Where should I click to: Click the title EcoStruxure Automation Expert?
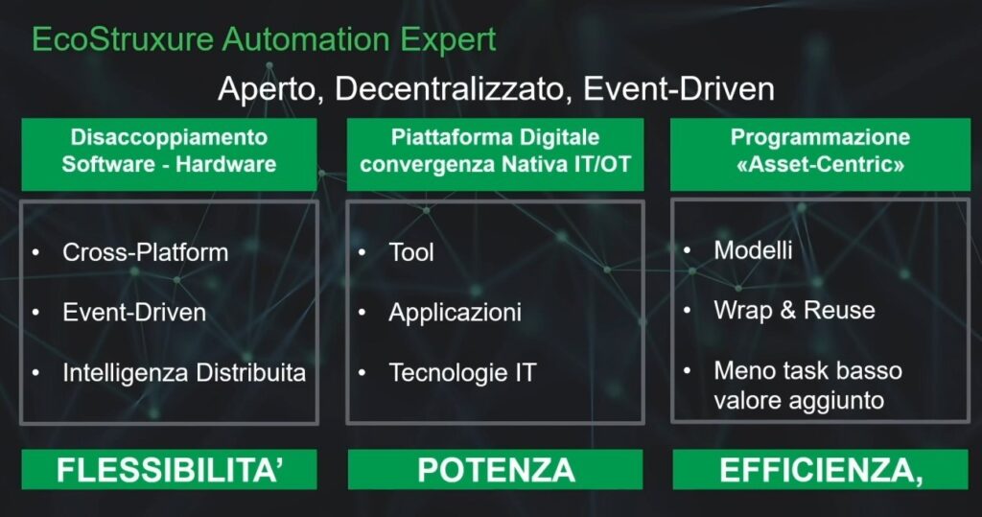[x=264, y=40]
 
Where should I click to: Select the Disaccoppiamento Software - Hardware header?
[x=169, y=154]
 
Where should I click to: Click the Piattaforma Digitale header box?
[x=496, y=154]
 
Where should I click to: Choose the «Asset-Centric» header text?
[x=821, y=165]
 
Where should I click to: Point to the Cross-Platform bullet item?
[x=146, y=252]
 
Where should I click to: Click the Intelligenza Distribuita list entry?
[x=184, y=373]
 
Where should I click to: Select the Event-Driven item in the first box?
[x=134, y=312]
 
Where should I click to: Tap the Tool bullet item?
[x=410, y=252]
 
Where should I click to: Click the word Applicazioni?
[x=455, y=313]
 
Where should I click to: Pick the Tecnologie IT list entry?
[x=462, y=373]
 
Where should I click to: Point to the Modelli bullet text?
[x=753, y=250]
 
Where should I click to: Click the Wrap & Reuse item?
[x=794, y=310]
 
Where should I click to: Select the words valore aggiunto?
[x=799, y=401]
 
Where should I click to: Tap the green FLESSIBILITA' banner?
[x=169, y=469]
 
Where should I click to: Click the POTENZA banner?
[x=496, y=469]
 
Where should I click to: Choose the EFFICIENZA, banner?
[x=821, y=469]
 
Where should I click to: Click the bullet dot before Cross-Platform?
[x=35, y=252]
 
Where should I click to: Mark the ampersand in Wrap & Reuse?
[x=787, y=310]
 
